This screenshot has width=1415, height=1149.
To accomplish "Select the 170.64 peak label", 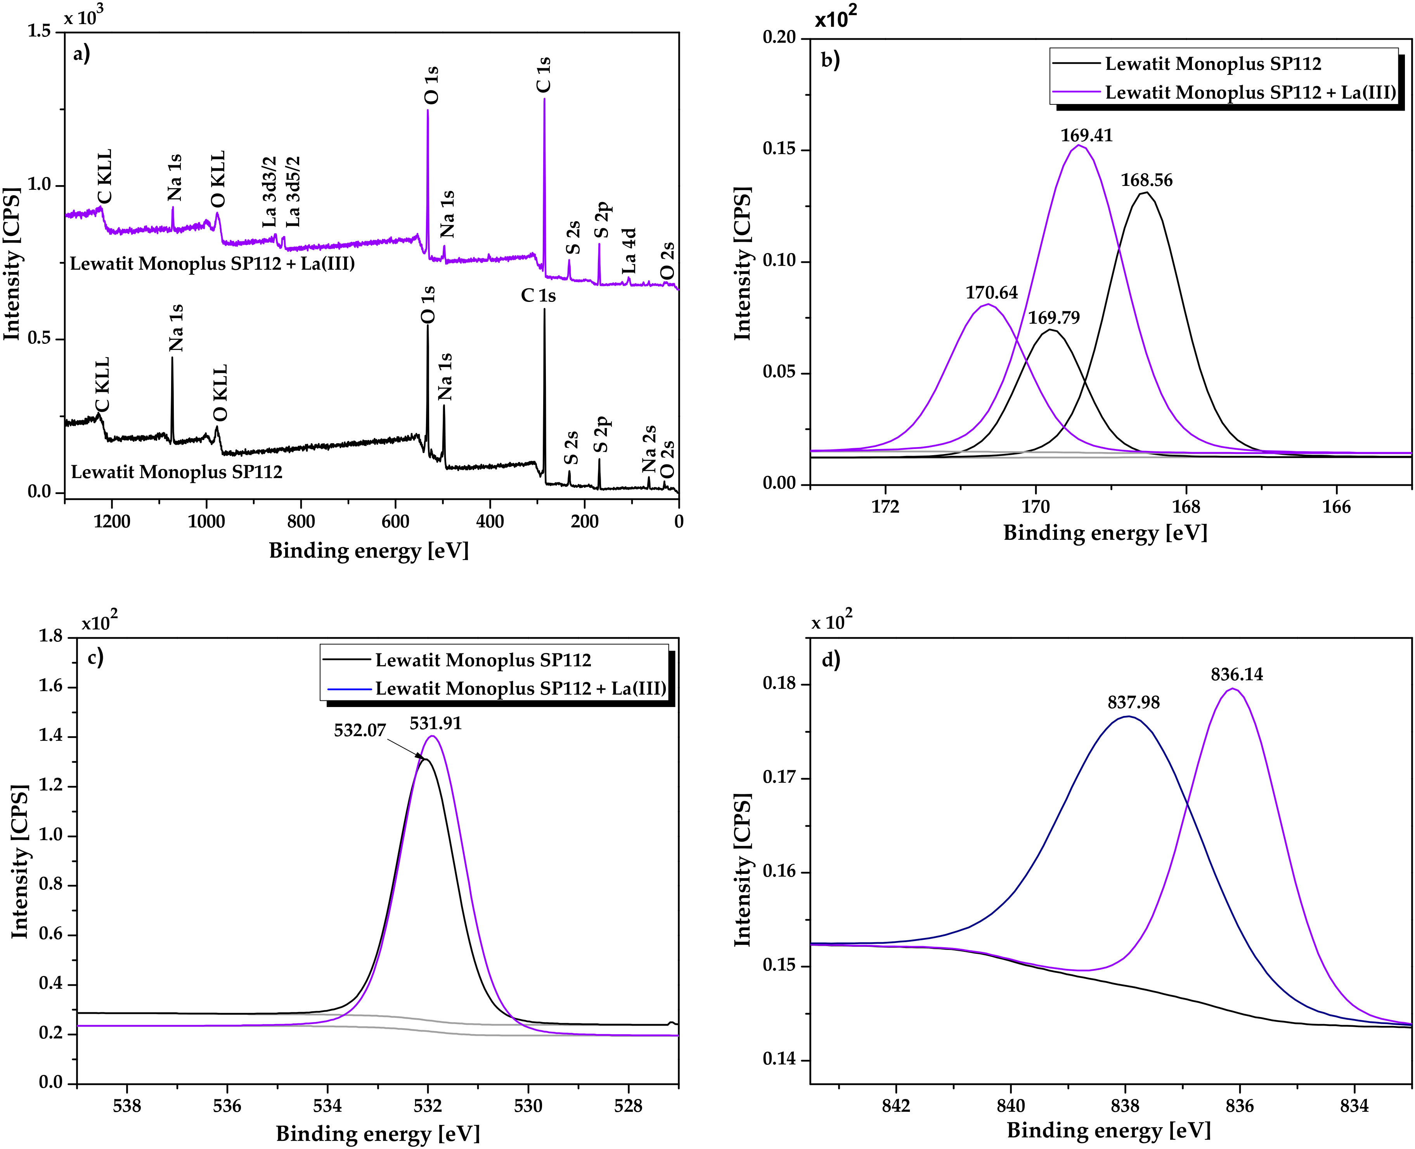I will coord(991,293).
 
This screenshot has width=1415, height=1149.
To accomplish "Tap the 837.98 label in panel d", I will coord(1133,702).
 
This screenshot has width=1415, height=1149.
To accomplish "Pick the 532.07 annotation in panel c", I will coord(359,731).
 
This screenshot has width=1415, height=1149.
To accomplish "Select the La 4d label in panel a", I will coord(629,251).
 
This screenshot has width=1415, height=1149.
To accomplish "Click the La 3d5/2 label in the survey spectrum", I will coord(293,192).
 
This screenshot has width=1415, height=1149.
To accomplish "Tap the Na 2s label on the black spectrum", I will coord(649,449).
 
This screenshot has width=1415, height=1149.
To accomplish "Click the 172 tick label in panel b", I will coord(885,507).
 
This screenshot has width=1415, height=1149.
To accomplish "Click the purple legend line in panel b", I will coord(1077,92).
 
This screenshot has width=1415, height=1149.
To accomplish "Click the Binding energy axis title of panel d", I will coord(1108,1130).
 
